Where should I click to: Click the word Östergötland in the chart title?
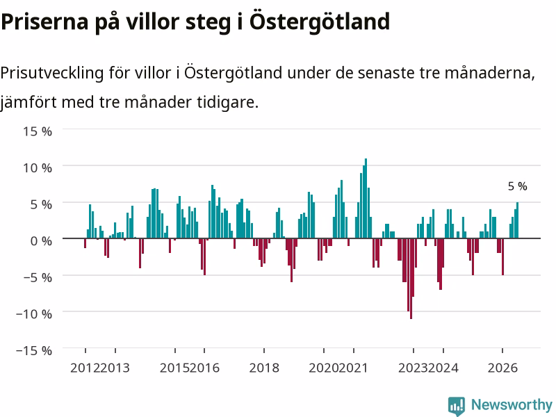[x=320, y=22]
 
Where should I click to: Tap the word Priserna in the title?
[x=44, y=22]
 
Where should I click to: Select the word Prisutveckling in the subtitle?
[x=52, y=74]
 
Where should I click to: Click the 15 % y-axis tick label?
[x=38, y=131]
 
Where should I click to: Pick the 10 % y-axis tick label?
[x=38, y=168]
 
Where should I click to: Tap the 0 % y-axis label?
[x=41, y=241]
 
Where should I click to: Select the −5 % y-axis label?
[x=38, y=277]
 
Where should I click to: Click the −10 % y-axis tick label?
[x=34, y=314]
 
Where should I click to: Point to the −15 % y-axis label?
[x=34, y=351]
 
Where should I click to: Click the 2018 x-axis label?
[x=264, y=368]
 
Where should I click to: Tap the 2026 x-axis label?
[x=502, y=368]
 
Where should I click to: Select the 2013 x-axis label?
[x=115, y=368]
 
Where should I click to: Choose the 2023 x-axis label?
[x=413, y=368]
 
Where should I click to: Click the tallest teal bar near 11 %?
[x=366, y=199]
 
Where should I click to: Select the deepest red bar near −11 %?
[x=411, y=279]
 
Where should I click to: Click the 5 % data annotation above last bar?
[x=517, y=186]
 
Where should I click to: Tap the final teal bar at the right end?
[x=517, y=220]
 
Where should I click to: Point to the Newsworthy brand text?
[x=512, y=404]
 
